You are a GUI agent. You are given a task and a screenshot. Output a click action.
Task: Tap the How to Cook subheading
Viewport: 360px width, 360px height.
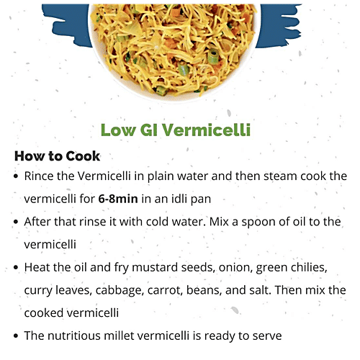[x=57, y=156]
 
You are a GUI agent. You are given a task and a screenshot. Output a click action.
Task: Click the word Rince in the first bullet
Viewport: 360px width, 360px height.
[x=41, y=176]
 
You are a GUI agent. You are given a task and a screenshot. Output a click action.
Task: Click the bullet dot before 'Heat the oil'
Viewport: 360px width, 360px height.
[x=16, y=268]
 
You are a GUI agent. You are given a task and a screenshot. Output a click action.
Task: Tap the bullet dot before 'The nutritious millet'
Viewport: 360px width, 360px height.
[x=16, y=336]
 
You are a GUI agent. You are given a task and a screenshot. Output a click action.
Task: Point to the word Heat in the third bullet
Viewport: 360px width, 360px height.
[x=38, y=267]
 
